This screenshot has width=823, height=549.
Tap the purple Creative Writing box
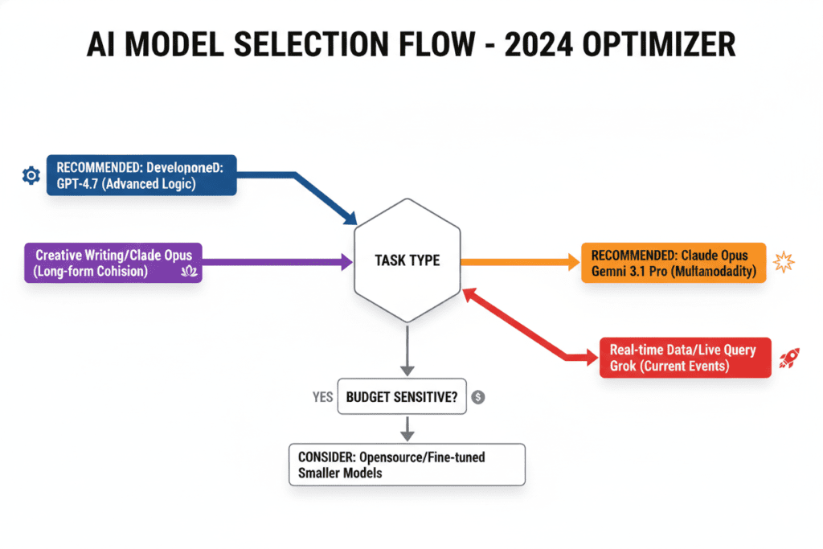click(113, 263)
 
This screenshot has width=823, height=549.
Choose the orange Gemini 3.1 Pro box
click(673, 263)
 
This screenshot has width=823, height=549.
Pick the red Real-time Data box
click(684, 358)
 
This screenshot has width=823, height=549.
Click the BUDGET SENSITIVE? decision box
click(402, 396)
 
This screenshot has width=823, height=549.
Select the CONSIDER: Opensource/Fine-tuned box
click(406, 464)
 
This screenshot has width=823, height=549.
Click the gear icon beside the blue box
click(31, 175)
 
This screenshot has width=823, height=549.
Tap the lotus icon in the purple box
click(190, 271)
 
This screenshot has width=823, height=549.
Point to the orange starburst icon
click(782, 262)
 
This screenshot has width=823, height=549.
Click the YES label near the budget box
click(321, 396)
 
